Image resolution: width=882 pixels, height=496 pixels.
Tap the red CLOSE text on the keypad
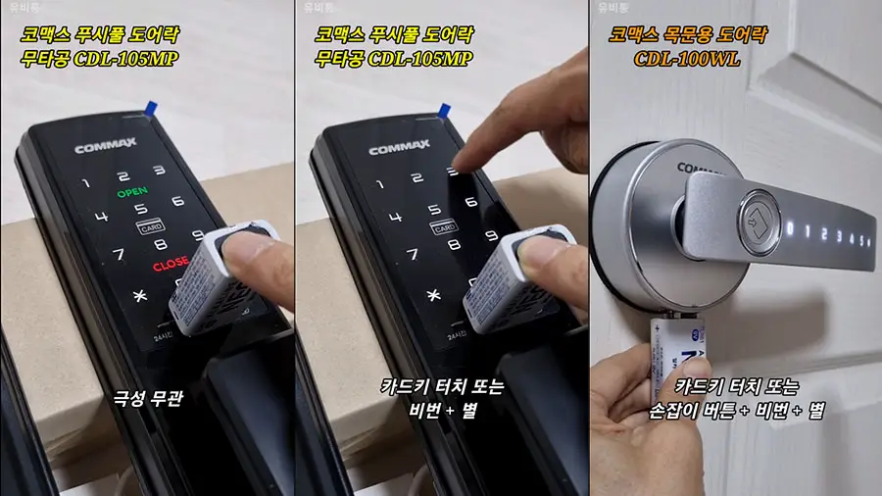click(x=170, y=264)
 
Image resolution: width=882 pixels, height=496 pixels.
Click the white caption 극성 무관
click(x=146, y=398)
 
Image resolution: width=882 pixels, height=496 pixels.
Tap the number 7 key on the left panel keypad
click(x=119, y=255)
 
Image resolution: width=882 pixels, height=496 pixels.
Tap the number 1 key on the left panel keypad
click(x=85, y=183)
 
